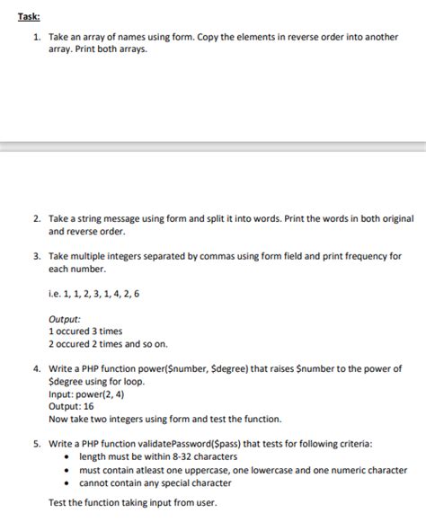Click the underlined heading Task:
point(16,14)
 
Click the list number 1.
point(35,37)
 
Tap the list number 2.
point(35,218)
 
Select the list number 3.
point(35,256)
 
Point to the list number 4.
point(35,368)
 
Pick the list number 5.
point(35,444)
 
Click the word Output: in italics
point(65,318)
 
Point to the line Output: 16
point(71,406)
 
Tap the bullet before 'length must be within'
point(70,457)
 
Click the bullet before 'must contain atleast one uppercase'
point(70,470)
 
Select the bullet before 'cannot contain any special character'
point(70,482)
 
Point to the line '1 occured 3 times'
point(85,331)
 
